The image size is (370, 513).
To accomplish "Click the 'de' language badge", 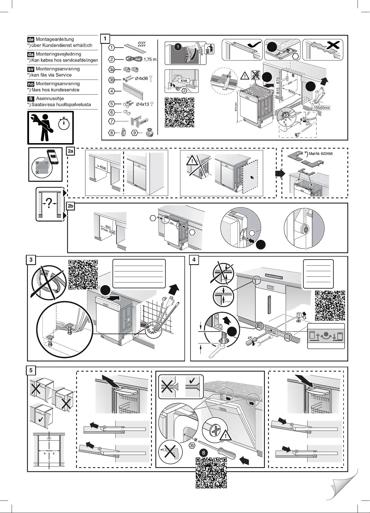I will (31, 39).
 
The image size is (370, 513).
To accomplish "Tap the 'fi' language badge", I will (31, 99).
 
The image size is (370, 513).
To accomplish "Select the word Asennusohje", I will (50, 99).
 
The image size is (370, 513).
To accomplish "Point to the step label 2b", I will (71, 206).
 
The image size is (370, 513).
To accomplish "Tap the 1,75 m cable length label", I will (150, 60).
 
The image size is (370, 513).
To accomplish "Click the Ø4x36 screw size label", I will (142, 78).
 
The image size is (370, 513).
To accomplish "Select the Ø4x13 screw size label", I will (142, 104).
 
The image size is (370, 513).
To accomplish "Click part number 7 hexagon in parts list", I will (112, 121).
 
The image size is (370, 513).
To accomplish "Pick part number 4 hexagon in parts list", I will (112, 91).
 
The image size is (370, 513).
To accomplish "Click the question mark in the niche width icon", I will (49, 205).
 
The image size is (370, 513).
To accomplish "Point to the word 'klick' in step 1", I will (184, 80).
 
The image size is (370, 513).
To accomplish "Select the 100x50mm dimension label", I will (321, 108).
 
